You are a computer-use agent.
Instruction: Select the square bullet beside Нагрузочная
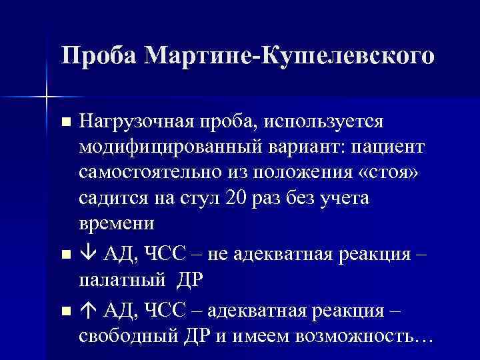coord(65,122)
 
